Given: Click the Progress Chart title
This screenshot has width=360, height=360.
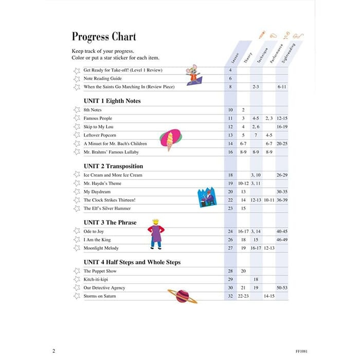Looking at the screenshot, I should (104, 37).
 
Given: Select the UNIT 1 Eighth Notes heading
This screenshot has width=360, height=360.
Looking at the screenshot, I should (112, 101).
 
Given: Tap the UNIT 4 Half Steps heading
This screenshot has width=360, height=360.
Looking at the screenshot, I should (132, 262).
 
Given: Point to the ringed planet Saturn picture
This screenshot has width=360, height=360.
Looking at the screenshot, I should (182, 296).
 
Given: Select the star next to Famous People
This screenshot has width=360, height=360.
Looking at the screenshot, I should (77, 118).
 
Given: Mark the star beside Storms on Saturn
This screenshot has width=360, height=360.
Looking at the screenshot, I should (77, 296).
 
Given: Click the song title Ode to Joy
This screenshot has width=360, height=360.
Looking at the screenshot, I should (94, 231).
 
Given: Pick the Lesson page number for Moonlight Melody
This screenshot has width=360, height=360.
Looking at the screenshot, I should (230, 248).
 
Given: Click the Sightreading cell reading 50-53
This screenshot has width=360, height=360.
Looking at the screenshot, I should (282, 288).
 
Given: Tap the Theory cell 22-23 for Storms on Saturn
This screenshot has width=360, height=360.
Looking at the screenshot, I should (243, 296).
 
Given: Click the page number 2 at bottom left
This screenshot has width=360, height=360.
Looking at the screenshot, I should (53, 351).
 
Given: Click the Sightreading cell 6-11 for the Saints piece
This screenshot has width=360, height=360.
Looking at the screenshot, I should (282, 87).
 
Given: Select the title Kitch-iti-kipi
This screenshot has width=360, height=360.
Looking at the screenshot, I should (97, 279).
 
